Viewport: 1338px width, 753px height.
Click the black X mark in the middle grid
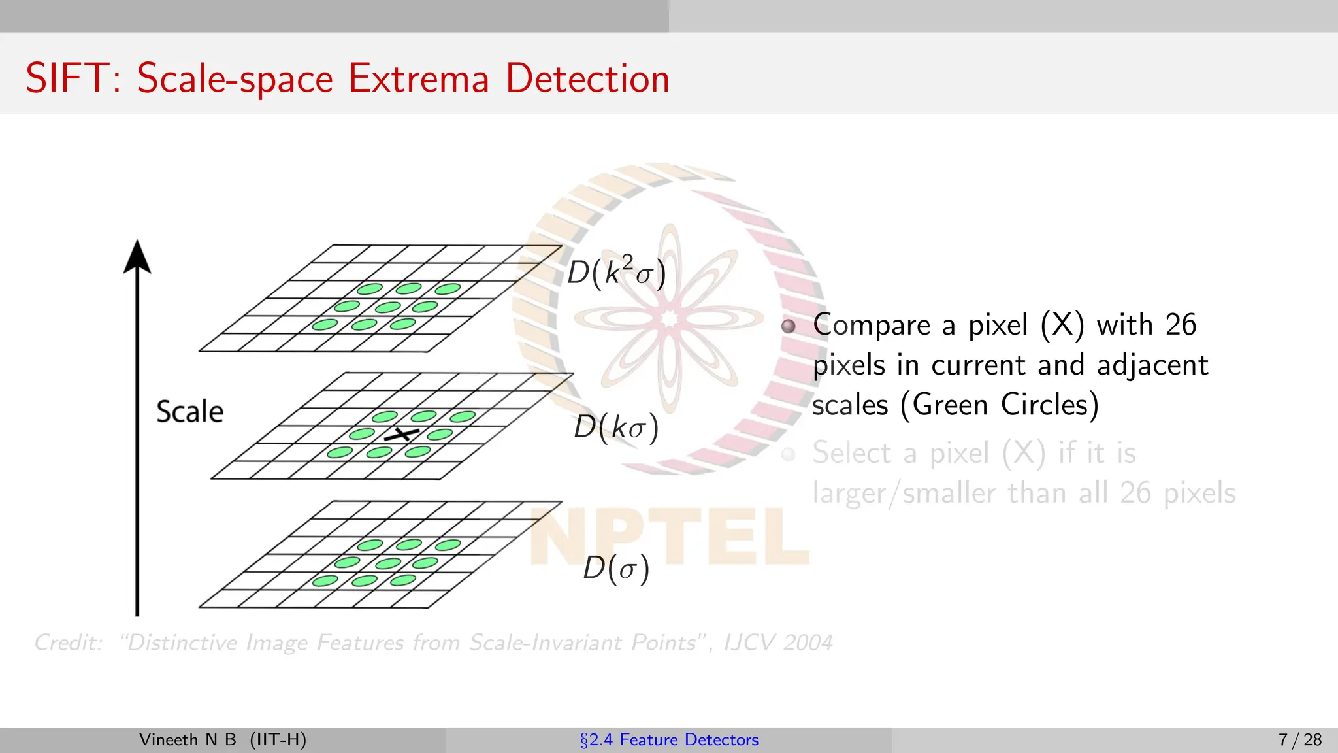pos(401,434)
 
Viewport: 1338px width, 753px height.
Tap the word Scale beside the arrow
pos(189,412)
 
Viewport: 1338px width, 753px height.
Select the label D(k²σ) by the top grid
pos(616,272)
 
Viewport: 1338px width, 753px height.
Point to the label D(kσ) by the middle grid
pos(616,427)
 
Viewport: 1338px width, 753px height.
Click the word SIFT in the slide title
pos(67,78)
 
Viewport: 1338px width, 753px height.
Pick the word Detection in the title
pos(587,78)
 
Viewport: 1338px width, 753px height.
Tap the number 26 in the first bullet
pos(1181,325)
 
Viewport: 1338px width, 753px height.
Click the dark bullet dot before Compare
pos(789,326)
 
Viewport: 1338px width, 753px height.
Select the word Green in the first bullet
pos(951,405)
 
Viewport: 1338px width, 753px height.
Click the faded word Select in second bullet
pos(852,453)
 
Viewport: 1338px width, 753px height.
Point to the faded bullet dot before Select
pos(789,454)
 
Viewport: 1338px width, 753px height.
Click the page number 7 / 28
pos(1299,739)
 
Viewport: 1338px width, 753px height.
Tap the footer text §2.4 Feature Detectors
pos(669,739)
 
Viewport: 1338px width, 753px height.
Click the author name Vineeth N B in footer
pos(188,739)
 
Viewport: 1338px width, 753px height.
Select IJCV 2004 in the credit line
pos(778,643)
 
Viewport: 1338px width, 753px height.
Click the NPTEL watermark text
pos(669,536)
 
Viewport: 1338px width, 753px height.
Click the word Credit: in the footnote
pos(69,643)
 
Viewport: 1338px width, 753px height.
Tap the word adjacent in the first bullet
pos(1152,365)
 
